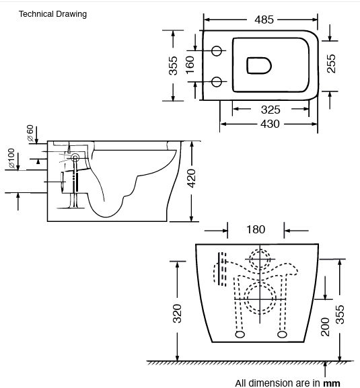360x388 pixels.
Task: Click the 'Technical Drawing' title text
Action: pos(52,13)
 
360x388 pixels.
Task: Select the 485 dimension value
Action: pos(264,20)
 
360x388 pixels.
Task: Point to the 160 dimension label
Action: pos(190,65)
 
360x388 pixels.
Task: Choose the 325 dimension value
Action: pos(271,109)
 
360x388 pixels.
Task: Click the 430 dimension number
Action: pos(271,123)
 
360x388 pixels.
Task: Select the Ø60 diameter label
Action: pos(30,132)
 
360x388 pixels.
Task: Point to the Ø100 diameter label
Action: pos(11,158)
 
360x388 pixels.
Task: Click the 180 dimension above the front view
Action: pos(256,230)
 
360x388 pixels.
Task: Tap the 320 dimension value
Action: pos(178,312)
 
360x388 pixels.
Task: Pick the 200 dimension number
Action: pos(325,327)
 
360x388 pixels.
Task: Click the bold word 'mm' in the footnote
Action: pos(332,383)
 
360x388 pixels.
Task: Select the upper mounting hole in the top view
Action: pos(217,50)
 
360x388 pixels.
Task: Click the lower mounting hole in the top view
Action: pos(217,81)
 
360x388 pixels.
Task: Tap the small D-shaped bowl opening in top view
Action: pos(258,65)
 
